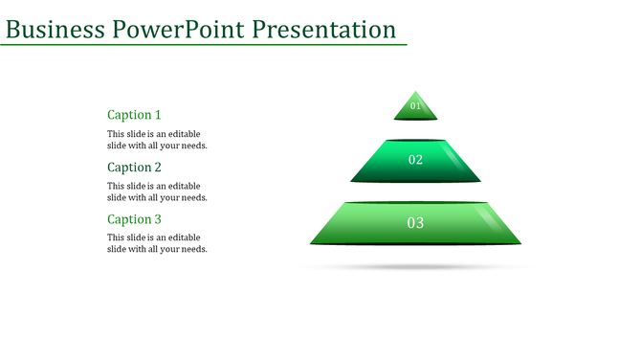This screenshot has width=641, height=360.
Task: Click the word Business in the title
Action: tap(55, 30)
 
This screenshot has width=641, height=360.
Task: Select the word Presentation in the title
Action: tap(324, 30)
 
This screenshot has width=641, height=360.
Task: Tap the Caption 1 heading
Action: tap(134, 115)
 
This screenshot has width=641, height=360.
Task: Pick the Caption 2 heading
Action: tap(134, 168)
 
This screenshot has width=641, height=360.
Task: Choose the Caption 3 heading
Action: tap(134, 219)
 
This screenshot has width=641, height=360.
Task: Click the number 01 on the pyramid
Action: tap(415, 106)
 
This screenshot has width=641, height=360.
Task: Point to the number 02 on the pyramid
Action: tap(415, 160)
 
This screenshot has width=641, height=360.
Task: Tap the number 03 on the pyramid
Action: tap(415, 223)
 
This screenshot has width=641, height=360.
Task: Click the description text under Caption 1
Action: tap(157, 140)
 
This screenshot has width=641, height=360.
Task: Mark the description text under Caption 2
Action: tap(157, 191)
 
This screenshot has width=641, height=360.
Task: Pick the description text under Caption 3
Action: tap(157, 243)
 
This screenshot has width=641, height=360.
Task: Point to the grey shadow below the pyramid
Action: tap(415, 266)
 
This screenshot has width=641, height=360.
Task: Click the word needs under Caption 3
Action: tap(193, 249)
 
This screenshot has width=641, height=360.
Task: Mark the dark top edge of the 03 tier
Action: tap(415, 202)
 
